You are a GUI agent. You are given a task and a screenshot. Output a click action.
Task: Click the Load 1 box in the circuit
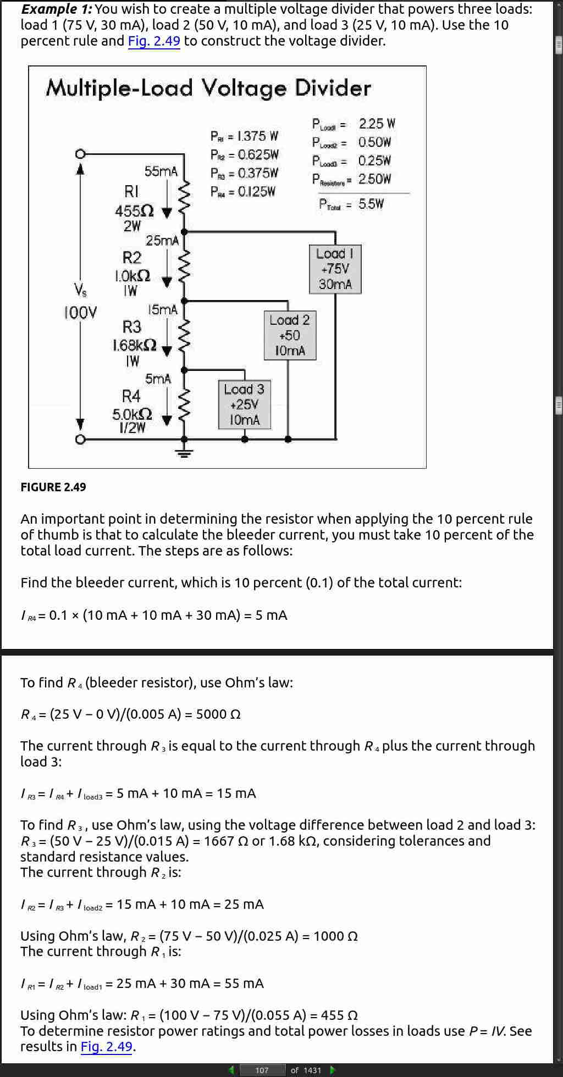335,269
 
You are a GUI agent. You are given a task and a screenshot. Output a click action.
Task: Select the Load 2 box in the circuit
290,336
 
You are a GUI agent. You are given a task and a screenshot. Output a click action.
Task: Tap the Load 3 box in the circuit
245,405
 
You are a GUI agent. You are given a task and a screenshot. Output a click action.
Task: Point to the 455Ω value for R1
134,211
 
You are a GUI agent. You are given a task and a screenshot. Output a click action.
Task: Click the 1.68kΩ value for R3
134,345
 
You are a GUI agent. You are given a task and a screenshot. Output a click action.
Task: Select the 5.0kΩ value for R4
132,414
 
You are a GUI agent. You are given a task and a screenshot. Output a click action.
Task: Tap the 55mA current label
161,171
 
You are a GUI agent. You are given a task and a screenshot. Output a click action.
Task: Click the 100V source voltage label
80,313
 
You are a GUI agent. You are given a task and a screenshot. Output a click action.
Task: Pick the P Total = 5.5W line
351,204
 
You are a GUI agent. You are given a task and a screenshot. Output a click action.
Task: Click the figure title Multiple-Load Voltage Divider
209,88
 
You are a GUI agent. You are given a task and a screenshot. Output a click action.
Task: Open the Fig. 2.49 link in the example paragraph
154,41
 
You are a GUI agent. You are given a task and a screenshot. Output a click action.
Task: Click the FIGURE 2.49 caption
53,487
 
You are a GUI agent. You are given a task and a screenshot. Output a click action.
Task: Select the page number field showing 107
262,1070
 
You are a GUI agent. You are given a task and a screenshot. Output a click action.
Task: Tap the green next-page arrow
332,1070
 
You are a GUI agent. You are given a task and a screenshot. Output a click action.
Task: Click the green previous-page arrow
231,1070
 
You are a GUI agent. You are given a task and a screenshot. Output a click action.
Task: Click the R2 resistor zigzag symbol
185,267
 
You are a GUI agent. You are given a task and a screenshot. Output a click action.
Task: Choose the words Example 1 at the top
57,9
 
